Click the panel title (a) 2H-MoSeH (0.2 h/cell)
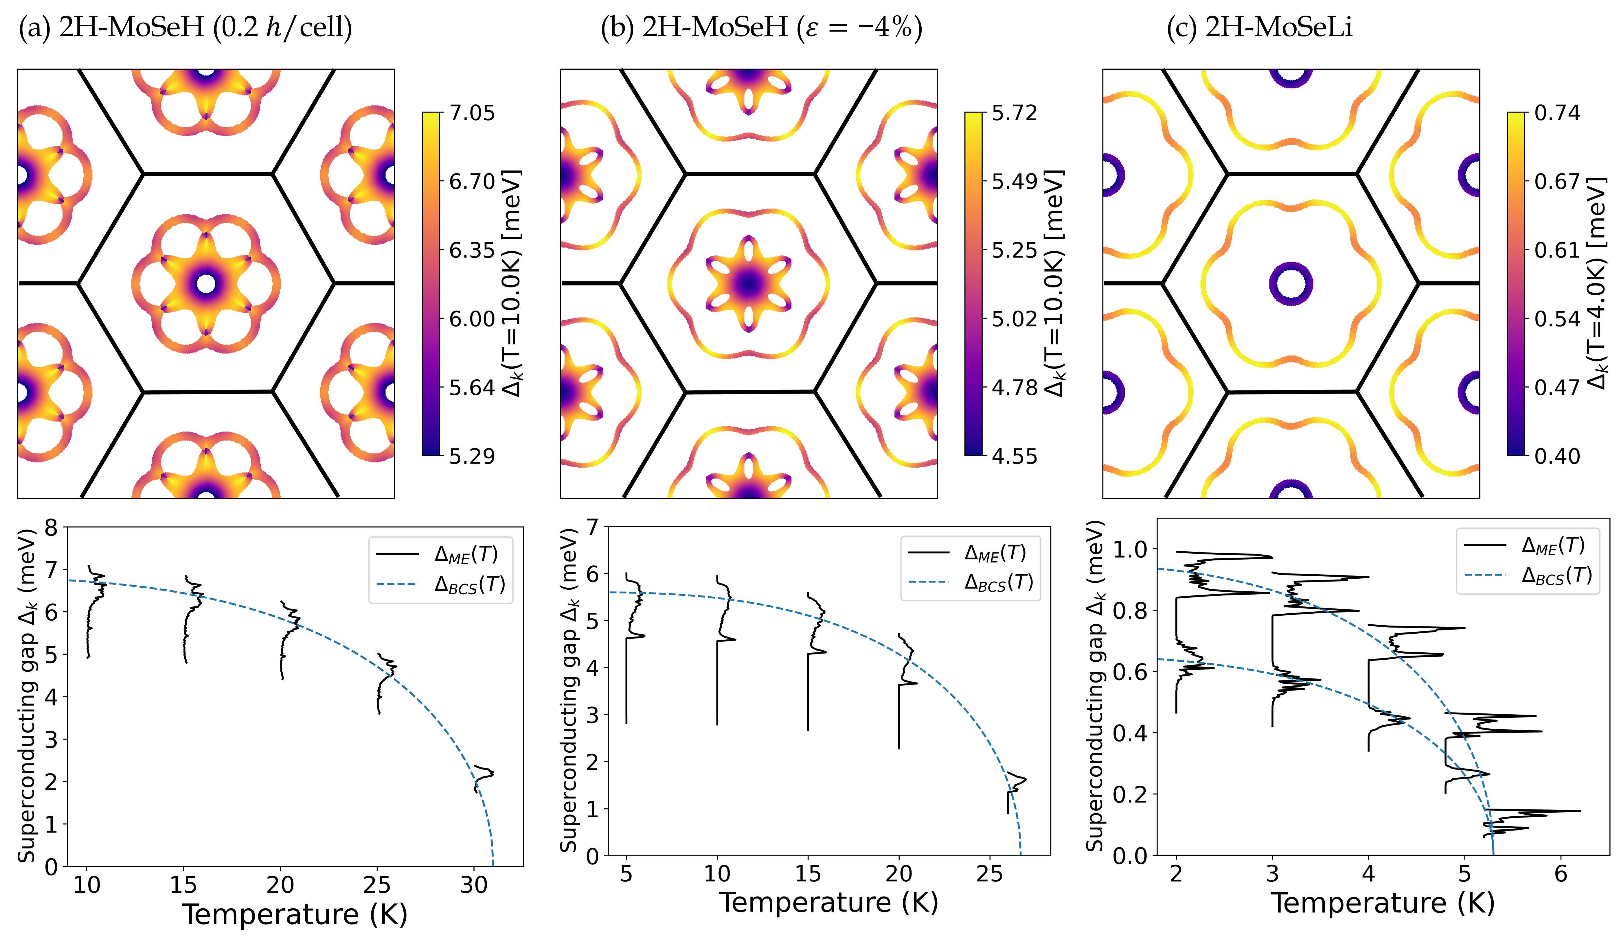click(x=185, y=28)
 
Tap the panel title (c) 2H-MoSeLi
click(x=1259, y=28)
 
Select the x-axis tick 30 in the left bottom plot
click(x=474, y=885)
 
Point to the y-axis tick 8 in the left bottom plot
click(x=51, y=528)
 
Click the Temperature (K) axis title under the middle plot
click(x=829, y=902)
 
